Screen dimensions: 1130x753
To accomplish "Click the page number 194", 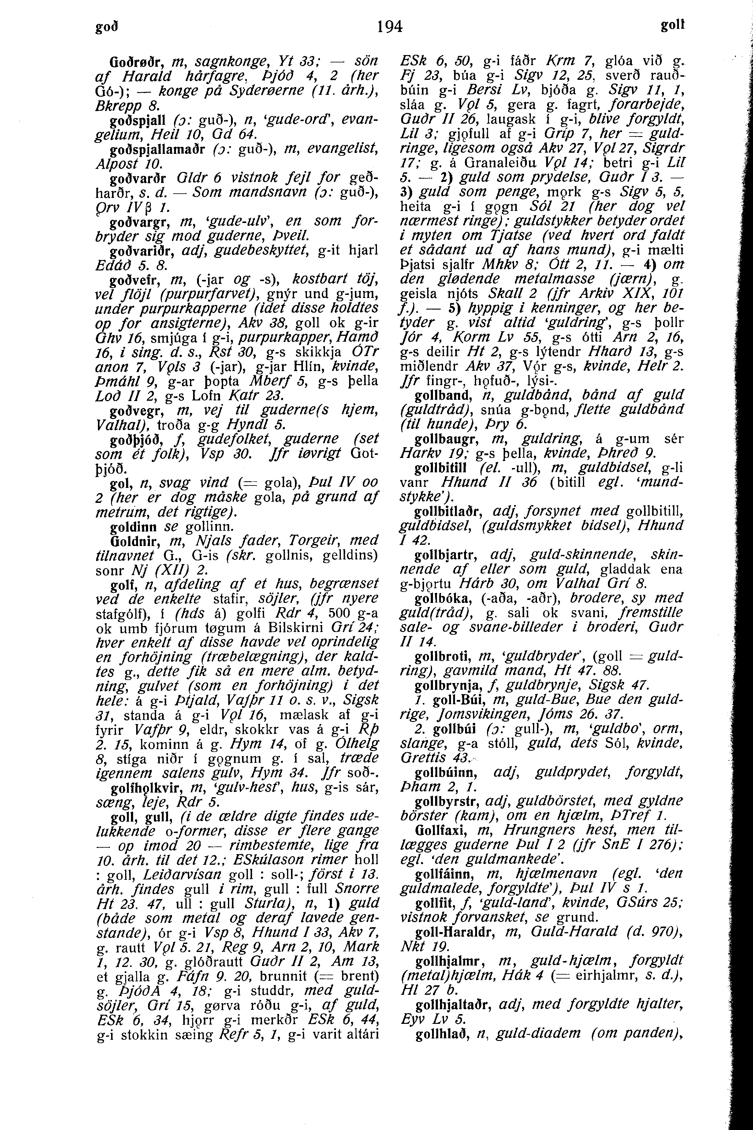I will pyautogui.click(x=390, y=26).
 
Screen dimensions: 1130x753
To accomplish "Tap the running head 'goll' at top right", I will pyautogui.click(x=672, y=26).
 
